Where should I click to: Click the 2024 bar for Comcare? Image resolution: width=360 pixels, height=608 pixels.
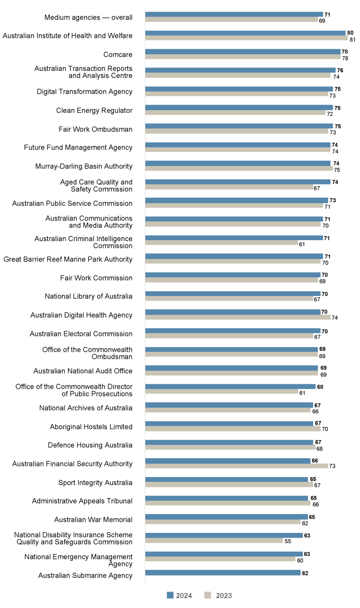(x=243, y=52)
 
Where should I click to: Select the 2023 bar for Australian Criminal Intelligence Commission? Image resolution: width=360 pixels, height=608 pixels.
(x=222, y=243)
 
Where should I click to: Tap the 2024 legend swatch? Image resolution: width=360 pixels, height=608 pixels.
(x=170, y=595)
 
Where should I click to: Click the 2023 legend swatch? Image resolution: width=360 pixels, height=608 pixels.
(x=208, y=595)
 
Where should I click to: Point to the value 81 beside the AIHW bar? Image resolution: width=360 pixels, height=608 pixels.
(x=352, y=39)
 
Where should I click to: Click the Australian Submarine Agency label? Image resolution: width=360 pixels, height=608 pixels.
(x=85, y=576)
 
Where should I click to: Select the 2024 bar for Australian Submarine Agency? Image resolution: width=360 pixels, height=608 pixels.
(x=223, y=573)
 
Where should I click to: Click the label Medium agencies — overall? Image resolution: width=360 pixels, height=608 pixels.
(x=89, y=18)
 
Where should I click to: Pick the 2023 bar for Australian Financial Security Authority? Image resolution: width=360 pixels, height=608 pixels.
(x=237, y=466)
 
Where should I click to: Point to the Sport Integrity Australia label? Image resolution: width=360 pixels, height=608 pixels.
(x=95, y=483)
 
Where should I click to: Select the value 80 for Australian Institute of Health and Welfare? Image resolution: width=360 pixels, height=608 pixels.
(x=350, y=33)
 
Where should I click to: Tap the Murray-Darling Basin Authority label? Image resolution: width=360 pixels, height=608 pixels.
(x=84, y=167)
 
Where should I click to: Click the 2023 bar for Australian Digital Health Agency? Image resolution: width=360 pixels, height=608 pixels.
(x=238, y=318)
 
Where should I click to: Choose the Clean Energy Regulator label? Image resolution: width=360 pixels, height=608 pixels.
(x=94, y=111)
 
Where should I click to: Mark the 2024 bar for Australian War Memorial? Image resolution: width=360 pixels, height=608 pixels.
(x=226, y=517)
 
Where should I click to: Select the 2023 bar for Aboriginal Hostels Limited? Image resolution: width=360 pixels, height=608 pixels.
(x=232, y=429)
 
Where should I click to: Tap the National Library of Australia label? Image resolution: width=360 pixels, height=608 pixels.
(x=89, y=296)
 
